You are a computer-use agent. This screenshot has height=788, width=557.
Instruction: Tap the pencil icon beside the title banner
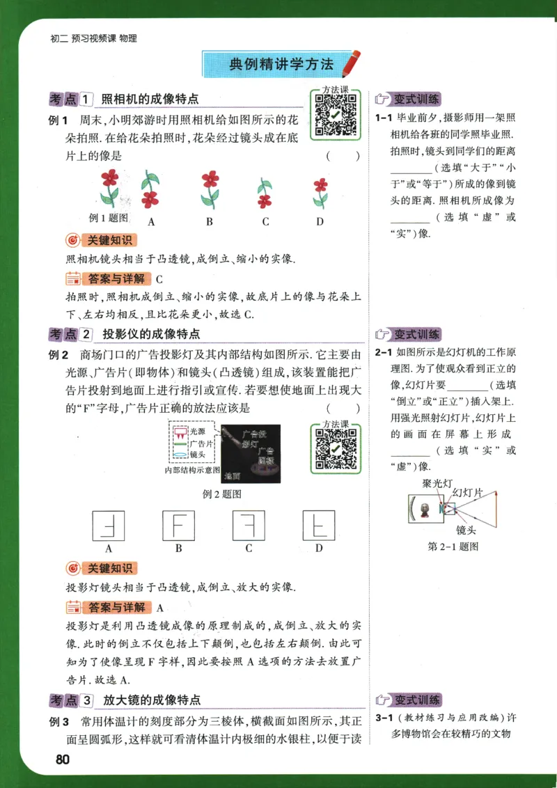point(353,62)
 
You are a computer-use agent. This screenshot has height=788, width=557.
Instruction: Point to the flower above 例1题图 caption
point(109,186)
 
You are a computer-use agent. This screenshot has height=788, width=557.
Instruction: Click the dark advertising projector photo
point(251,454)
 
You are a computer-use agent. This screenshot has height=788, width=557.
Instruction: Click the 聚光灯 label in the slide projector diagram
point(437,482)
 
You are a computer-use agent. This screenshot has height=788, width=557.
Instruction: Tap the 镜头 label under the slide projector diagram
point(464,530)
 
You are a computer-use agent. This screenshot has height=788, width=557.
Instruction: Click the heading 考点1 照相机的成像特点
point(124,99)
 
